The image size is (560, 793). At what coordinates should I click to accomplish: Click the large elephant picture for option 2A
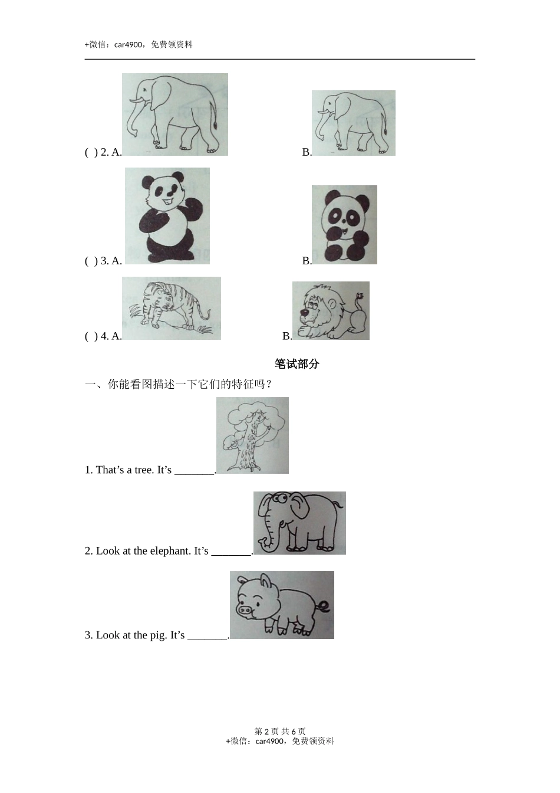(x=175, y=114)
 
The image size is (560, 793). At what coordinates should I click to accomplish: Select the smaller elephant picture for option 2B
(x=354, y=123)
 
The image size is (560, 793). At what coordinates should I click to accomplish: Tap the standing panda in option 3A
(x=167, y=215)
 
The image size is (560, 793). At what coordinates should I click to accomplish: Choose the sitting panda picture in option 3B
(x=344, y=225)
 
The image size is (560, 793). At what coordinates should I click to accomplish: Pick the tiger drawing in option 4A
(x=172, y=308)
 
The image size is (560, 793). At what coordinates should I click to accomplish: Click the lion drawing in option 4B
(x=331, y=310)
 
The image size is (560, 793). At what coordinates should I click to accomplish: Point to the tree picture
(x=252, y=435)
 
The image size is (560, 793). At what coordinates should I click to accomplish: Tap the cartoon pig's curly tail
(x=325, y=607)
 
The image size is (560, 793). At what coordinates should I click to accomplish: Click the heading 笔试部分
(x=297, y=364)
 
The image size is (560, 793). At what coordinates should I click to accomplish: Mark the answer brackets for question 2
(x=91, y=152)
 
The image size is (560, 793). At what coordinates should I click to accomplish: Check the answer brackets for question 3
(x=91, y=261)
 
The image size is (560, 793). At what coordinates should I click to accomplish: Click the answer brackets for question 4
(x=91, y=336)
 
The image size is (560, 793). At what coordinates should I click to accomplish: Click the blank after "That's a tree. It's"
(x=195, y=471)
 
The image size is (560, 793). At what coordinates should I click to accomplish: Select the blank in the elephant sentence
(x=231, y=552)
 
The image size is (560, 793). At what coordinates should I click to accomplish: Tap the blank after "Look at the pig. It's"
(x=207, y=636)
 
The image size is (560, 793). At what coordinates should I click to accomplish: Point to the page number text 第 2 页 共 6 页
(x=280, y=731)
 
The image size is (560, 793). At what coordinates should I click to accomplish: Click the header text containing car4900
(x=139, y=44)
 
